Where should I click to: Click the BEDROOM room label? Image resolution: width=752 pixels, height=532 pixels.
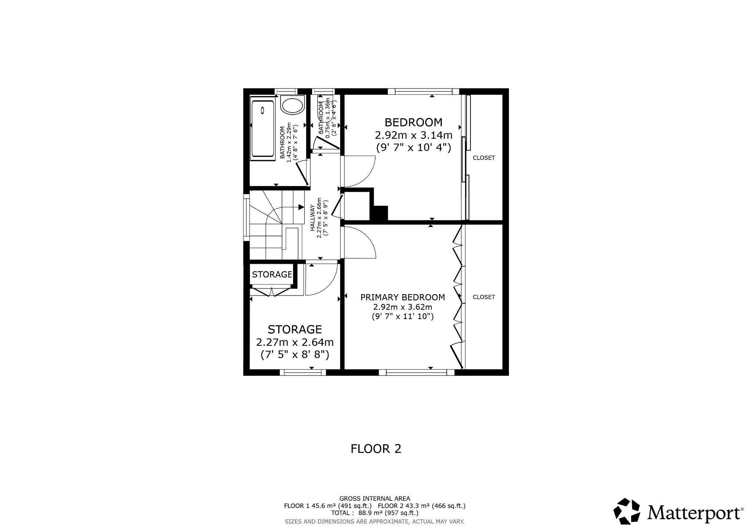click(413, 122)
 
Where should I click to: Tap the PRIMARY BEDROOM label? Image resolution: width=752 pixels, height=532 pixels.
click(402, 297)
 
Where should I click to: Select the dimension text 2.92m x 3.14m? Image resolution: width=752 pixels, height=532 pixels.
click(413, 135)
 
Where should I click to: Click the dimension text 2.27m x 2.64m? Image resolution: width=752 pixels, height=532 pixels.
click(294, 342)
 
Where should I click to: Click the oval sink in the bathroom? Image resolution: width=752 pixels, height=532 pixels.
click(292, 105)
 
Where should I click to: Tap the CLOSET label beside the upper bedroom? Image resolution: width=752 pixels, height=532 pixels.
click(484, 158)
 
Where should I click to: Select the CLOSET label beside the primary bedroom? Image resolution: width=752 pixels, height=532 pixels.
click(484, 297)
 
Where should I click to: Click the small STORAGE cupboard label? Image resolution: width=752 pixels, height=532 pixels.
click(272, 274)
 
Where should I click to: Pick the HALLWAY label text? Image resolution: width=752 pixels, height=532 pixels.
click(313, 218)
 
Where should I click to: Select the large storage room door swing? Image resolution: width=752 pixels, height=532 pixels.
click(321, 280)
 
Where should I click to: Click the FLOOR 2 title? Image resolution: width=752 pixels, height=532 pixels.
click(376, 449)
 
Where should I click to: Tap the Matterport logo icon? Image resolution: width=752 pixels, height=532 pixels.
click(627, 511)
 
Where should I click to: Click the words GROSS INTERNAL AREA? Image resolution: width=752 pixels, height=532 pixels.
click(375, 499)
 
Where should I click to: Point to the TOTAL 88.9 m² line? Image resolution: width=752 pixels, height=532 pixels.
click(375, 513)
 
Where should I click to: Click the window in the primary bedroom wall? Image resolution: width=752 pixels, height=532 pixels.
click(416, 372)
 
